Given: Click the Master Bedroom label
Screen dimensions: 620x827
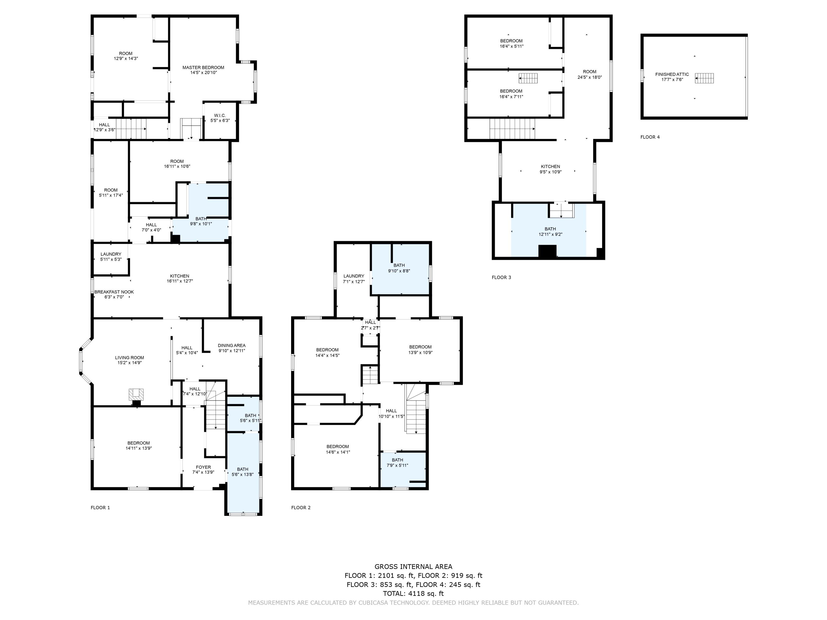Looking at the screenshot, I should tap(203, 68).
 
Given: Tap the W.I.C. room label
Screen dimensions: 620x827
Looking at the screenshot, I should tap(220, 115).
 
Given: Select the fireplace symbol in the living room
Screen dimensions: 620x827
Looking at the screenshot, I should tap(136, 394).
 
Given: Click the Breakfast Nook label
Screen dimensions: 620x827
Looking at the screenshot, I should tap(114, 292).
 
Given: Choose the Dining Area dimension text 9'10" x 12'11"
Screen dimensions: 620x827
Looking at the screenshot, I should tap(232, 351).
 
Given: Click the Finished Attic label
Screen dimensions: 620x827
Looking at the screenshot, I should tap(672, 74).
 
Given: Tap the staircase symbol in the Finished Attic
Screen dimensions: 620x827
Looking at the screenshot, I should tap(704, 78).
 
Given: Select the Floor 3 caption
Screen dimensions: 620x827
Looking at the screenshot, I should tap(501, 277).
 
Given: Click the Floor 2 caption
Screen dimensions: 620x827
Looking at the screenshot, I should tap(300, 508).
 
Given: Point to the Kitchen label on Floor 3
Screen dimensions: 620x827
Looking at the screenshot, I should tap(550, 167).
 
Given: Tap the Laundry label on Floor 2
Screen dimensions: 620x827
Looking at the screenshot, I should tap(353, 276).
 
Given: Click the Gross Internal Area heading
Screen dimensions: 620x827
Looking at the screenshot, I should tap(413, 567).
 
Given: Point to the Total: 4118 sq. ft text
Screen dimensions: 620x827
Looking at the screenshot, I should tap(413, 594).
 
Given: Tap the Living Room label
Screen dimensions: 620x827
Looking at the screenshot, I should tap(129, 358).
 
